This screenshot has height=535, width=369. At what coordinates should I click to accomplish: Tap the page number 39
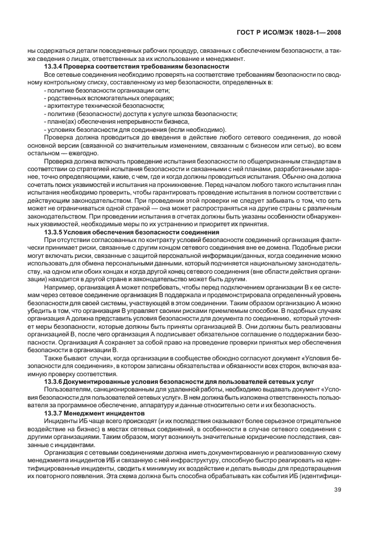coord(337,506)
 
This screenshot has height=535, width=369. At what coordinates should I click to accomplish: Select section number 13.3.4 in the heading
coord(59,66)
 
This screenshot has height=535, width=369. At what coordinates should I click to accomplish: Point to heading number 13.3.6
coord(59,381)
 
